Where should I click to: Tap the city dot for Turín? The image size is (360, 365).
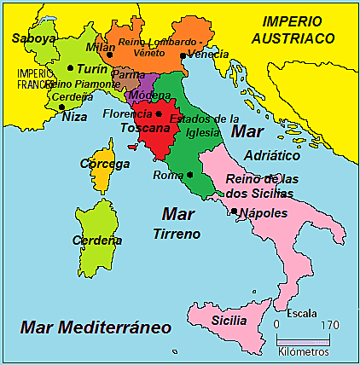pyautogui.click(x=69, y=67)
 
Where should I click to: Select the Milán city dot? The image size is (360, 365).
pyautogui.click(x=110, y=55)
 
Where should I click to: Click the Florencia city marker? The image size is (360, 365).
pyautogui.click(x=159, y=113)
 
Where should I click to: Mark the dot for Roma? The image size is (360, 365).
pyautogui.click(x=189, y=175)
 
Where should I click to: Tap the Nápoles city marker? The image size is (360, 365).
pyautogui.click(x=234, y=211)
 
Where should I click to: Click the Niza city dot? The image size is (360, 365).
pyautogui.click(x=61, y=107)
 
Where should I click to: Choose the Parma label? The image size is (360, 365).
pyautogui.click(x=128, y=75)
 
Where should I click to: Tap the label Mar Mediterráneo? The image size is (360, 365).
pyautogui.click(x=96, y=327)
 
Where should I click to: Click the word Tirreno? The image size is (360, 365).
pyautogui.click(x=177, y=233)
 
